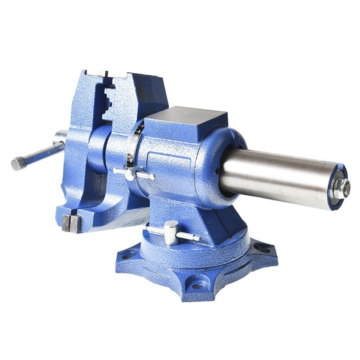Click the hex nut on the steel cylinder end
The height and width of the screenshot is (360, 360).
click(341, 188)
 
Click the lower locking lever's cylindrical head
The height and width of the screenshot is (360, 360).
click(171, 232)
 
